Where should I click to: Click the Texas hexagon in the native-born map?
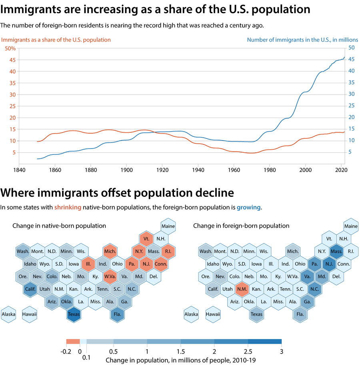[x=74, y=314]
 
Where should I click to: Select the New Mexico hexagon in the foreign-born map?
[x=242, y=289]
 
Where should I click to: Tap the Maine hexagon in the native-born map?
[x=168, y=226]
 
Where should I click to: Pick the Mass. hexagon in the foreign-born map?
[x=336, y=251]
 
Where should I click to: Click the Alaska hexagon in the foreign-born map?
[x=191, y=314]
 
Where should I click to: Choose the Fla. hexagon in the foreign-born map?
[x=300, y=314]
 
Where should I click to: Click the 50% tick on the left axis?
[x=10, y=48]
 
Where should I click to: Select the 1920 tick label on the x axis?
[x=162, y=169]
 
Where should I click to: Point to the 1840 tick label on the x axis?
[x=19, y=169]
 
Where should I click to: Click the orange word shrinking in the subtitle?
[x=68, y=208]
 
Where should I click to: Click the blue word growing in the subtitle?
[x=248, y=208]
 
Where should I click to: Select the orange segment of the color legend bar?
[x=73, y=342]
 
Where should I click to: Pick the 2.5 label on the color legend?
[x=248, y=352]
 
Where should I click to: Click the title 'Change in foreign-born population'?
[x=241, y=226]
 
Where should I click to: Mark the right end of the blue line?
[x=344, y=57]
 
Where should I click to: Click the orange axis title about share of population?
[x=56, y=40]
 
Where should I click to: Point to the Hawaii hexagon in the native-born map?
[x=30, y=314]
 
